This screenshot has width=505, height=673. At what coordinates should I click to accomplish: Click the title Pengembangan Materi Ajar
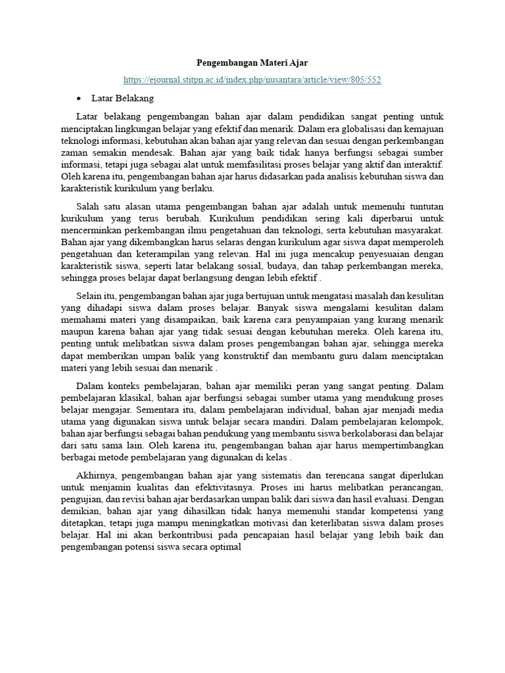(x=252, y=63)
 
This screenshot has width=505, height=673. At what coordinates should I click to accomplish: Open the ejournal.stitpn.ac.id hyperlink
(x=252, y=80)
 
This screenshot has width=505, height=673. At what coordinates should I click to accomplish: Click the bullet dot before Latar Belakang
(x=79, y=98)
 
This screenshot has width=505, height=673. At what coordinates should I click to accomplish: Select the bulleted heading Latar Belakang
(x=124, y=98)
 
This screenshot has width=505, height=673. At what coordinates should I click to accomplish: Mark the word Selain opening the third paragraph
(x=91, y=296)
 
